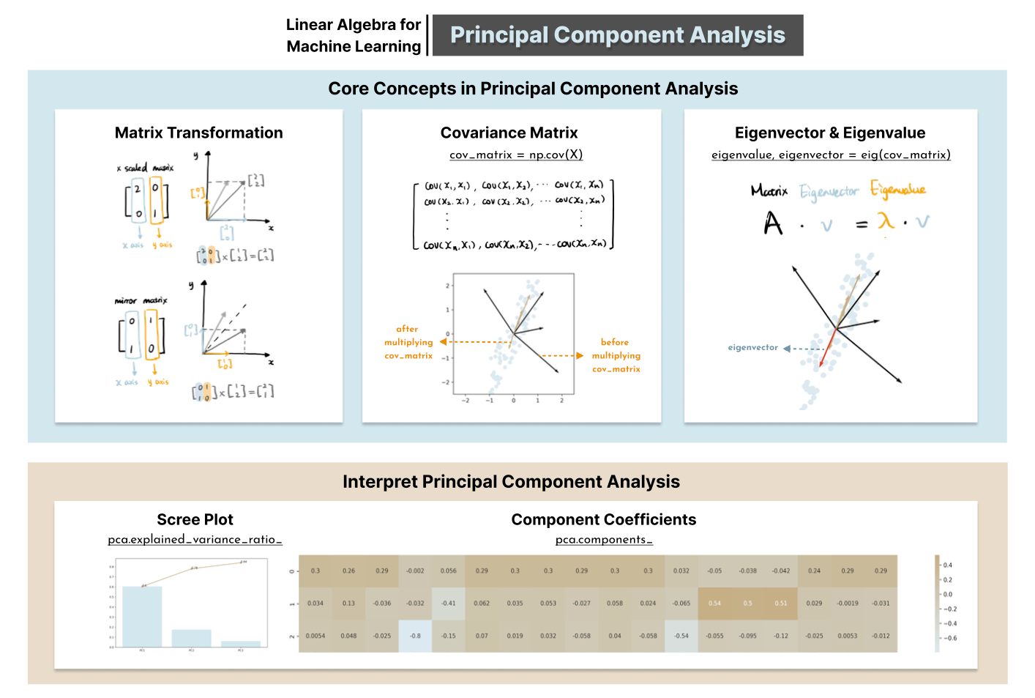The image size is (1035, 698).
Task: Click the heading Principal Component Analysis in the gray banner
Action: click(617, 35)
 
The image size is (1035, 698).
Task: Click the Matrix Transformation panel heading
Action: click(198, 133)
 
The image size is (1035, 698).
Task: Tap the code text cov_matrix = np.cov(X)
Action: click(516, 155)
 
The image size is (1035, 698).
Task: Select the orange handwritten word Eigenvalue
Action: click(897, 190)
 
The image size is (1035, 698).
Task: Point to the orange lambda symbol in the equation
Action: click(886, 221)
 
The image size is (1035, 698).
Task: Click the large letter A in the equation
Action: click(773, 223)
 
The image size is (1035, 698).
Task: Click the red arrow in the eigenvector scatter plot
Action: click(827, 347)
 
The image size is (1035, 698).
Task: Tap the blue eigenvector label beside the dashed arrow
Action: click(752, 348)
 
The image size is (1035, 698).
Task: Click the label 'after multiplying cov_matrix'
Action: click(408, 342)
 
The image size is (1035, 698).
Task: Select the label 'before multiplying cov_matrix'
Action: click(616, 355)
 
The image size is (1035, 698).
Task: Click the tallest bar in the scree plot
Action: click(142, 617)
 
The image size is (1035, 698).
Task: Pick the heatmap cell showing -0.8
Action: click(415, 636)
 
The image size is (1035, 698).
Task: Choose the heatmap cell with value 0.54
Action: click(714, 604)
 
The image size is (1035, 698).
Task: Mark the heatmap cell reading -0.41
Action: click(448, 604)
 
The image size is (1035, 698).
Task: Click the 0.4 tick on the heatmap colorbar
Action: click(947, 565)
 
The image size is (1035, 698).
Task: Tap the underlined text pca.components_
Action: click(604, 540)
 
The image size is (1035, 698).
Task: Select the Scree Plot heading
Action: click(195, 519)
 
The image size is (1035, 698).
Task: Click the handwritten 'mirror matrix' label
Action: click(141, 300)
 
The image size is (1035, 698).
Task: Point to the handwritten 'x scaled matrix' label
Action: click(145, 168)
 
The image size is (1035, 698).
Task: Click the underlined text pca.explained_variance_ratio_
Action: click(195, 540)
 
